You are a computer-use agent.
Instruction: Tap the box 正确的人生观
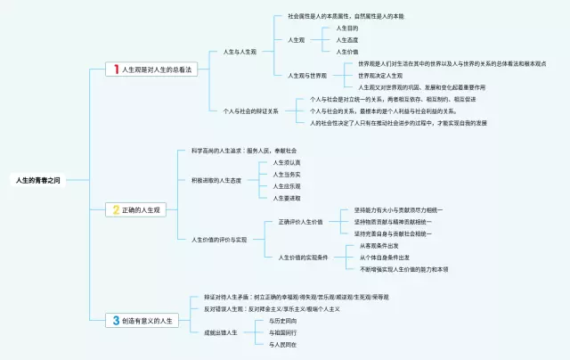point(141,210)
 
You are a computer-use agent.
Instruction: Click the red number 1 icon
point(115,69)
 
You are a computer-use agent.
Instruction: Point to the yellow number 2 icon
point(115,210)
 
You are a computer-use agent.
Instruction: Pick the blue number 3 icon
point(115,320)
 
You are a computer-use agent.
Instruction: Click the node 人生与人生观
point(239,52)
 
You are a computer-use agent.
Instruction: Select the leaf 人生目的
point(347,29)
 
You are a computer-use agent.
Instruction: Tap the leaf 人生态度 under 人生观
point(347,40)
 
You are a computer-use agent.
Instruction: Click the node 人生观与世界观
point(307,75)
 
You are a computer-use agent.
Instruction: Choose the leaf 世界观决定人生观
point(383,76)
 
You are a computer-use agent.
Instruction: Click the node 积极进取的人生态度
point(216,179)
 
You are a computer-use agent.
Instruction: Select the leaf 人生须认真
point(287,162)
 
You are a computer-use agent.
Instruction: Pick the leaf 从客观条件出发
point(379,245)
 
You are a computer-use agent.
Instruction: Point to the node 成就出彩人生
point(221,331)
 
